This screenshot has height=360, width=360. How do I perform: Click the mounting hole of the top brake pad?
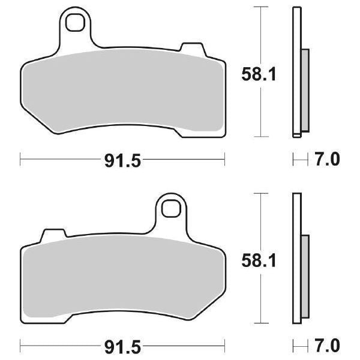tap(76, 23)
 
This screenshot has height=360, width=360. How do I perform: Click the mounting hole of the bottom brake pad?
tap(171, 211)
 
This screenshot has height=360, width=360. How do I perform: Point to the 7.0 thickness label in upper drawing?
tap(328, 160)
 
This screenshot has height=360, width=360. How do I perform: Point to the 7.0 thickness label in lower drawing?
tap(328, 346)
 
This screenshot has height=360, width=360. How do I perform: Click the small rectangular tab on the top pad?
tap(193, 48)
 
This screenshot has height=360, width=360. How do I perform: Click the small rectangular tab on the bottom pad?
tap(53, 233)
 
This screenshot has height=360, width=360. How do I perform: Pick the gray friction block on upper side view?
tap(304, 90)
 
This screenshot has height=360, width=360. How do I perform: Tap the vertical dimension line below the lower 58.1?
tap(260, 300)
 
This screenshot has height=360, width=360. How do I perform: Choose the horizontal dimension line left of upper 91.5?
tap(60, 160)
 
